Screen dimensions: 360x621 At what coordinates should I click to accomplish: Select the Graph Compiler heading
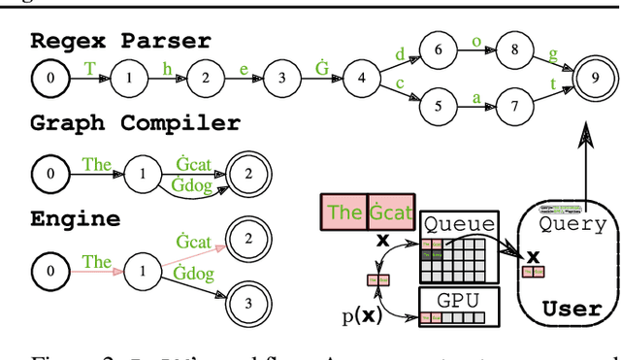pyautogui.click(x=135, y=123)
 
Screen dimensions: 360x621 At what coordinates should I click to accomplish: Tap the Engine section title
pyautogui.click(x=76, y=219)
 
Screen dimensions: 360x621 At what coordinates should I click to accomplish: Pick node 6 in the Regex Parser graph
pyautogui.click(x=438, y=49)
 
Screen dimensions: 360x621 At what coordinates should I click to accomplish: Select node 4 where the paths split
pyautogui.click(x=361, y=78)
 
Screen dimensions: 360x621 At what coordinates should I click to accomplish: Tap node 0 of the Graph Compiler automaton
pyautogui.click(x=49, y=174)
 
